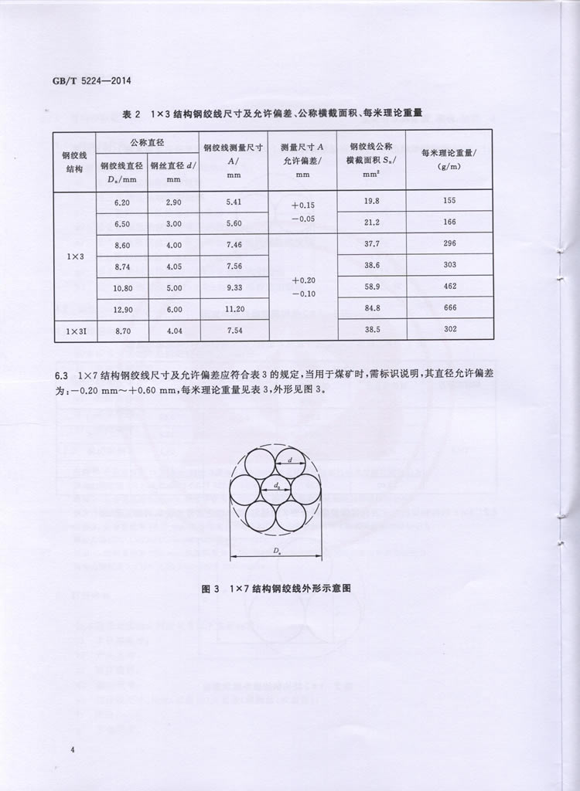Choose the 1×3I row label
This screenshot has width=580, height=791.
(x=74, y=331)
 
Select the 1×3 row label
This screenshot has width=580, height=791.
(x=74, y=255)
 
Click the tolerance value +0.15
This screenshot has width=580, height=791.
(x=303, y=205)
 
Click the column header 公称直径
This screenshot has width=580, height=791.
(x=147, y=142)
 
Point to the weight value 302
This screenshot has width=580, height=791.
(x=450, y=330)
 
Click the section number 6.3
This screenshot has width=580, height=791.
(x=62, y=375)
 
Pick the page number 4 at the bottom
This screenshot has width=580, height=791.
(x=72, y=750)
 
